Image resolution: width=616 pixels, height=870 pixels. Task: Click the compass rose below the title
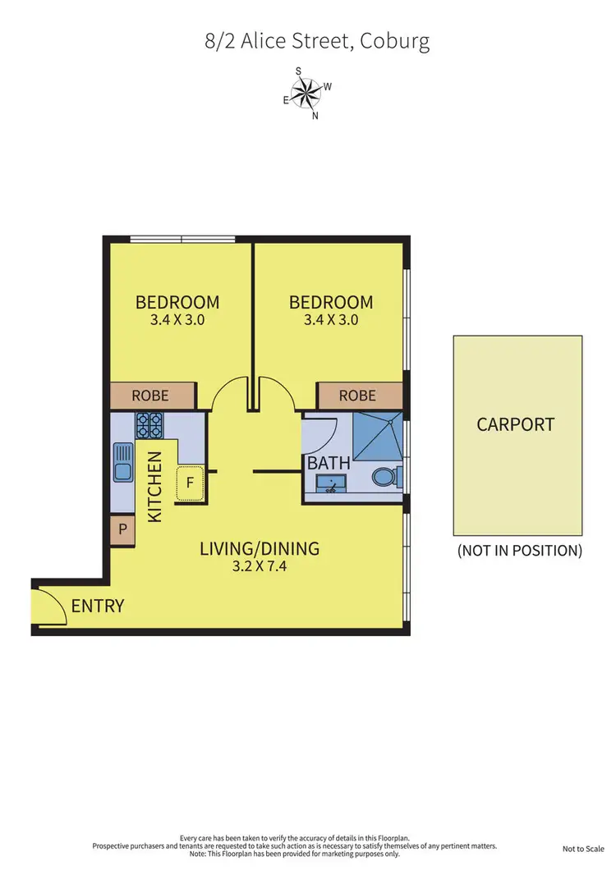pos(308,92)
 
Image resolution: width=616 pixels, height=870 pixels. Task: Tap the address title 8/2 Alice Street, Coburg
pos(317,41)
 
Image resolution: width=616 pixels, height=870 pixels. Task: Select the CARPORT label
pos(516,424)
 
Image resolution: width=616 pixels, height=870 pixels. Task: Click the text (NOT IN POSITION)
pos(519,551)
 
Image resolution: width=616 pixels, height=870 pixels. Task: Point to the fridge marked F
pos(190,483)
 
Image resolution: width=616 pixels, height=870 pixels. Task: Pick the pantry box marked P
pos(122,530)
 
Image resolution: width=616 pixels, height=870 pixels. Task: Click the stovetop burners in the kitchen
pos(149,424)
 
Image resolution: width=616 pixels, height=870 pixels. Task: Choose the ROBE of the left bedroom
pos(150,396)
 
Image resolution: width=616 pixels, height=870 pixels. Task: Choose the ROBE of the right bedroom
pos(357,396)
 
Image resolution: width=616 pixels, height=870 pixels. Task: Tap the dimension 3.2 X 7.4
pos(260,567)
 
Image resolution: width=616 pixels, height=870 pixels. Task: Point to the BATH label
pos(329,463)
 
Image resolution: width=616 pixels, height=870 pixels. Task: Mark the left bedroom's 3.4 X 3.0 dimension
pos(177,320)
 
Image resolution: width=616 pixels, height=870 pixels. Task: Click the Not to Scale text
pos(584,849)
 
